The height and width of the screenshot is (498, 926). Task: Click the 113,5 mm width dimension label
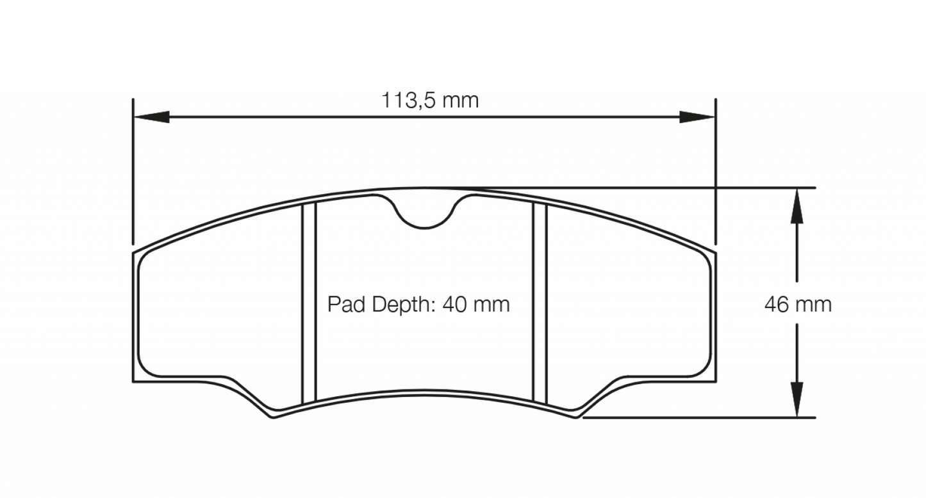(x=430, y=100)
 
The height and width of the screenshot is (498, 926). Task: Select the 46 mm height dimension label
(x=798, y=305)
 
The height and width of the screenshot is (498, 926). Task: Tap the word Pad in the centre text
(x=345, y=304)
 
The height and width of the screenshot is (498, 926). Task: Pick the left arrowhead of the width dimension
(x=151, y=117)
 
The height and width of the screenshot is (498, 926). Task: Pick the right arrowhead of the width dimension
(x=697, y=117)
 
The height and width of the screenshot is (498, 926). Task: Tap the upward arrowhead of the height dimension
(x=797, y=205)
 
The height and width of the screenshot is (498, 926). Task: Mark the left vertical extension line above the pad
(x=133, y=173)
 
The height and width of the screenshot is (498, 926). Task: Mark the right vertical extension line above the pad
(x=716, y=173)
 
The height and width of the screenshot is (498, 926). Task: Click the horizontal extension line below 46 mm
(x=699, y=418)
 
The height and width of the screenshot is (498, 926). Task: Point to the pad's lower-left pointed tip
(x=274, y=417)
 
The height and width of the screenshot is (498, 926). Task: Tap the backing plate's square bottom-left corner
(x=134, y=381)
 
